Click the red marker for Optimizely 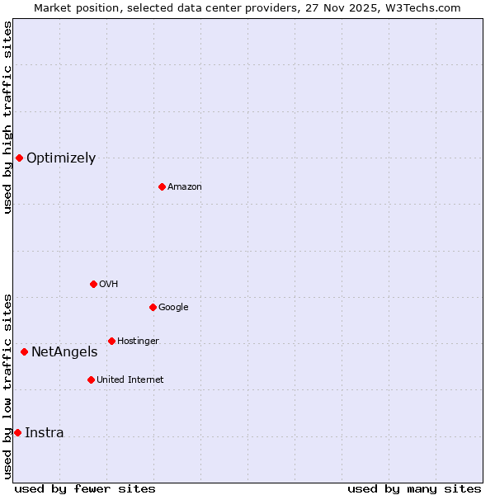(19, 158)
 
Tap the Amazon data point (162, 186)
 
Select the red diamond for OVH (93, 284)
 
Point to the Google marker (153, 307)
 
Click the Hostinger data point (111, 341)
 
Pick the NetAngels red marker (24, 351)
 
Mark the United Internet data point (91, 379)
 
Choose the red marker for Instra (17, 432)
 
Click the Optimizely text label (61, 158)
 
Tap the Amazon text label (185, 187)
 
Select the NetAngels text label (64, 352)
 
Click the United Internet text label (130, 380)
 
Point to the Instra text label (45, 433)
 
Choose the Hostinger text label (138, 342)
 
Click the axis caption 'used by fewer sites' (85, 488)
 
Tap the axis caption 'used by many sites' (414, 488)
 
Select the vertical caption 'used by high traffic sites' (7, 117)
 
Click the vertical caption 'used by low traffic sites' (7, 385)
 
